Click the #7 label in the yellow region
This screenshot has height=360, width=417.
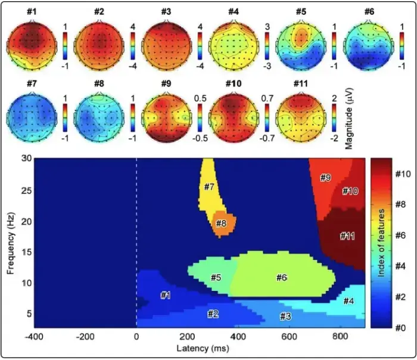[x=209, y=187]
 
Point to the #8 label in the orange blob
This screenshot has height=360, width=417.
[x=220, y=224]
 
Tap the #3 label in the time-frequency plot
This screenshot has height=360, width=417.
[x=285, y=316]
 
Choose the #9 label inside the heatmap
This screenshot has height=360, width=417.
[x=325, y=178]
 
